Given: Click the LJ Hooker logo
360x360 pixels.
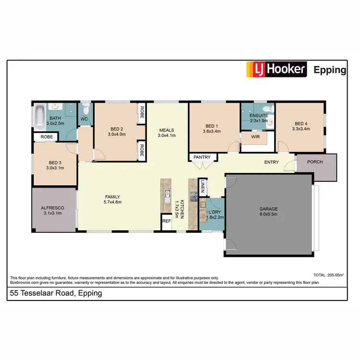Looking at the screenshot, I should pos(276,70).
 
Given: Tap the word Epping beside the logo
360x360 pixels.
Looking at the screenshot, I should pos(330,70).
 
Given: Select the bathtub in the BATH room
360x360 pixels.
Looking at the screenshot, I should pos(39,117).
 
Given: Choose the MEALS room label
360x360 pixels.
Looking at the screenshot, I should pos(167,130).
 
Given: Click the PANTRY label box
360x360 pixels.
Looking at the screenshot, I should pos(202,157).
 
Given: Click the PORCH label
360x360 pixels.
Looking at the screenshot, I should pos(315,162).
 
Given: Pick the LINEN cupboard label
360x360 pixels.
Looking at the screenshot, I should pos(203,186).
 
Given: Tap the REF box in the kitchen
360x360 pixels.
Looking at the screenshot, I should pos(167,221).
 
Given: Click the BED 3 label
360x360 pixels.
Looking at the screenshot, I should pos(54,162).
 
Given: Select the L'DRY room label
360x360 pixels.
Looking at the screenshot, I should pos(214,212).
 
